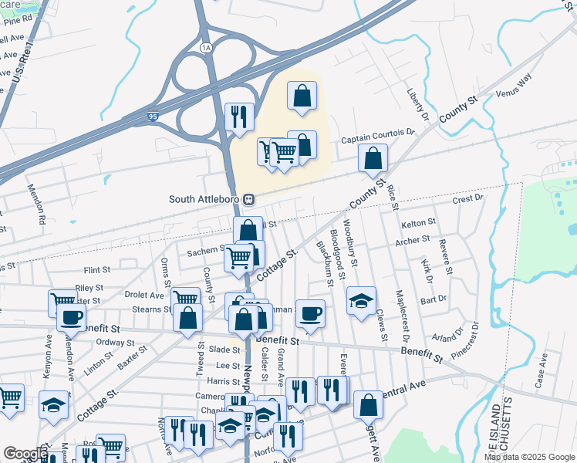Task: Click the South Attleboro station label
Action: (x=204, y=199)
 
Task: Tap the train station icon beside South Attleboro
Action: (x=249, y=199)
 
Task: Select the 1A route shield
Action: (x=205, y=48)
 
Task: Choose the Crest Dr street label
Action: (x=467, y=198)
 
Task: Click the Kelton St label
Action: (x=419, y=222)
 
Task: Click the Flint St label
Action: (x=97, y=271)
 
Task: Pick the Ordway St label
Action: (x=116, y=343)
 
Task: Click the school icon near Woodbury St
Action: (x=360, y=301)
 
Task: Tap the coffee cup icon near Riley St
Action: (x=71, y=316)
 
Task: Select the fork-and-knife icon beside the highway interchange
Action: (x=239, y=117)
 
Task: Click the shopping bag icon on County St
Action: (x=373, y=159)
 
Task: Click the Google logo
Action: (x=25, y=454)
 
